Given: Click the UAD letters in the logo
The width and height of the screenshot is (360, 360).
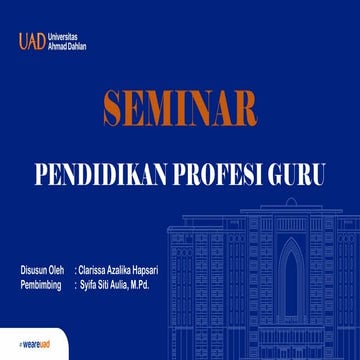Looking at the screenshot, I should (31, 42).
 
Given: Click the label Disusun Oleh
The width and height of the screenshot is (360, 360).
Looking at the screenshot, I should (41, 270).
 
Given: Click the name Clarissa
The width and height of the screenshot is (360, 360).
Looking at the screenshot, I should (97, 270).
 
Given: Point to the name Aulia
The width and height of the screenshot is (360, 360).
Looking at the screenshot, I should (123, 284).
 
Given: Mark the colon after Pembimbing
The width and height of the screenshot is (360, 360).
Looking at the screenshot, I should (76, 284).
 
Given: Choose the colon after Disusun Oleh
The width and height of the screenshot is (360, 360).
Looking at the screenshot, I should (76, 270).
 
